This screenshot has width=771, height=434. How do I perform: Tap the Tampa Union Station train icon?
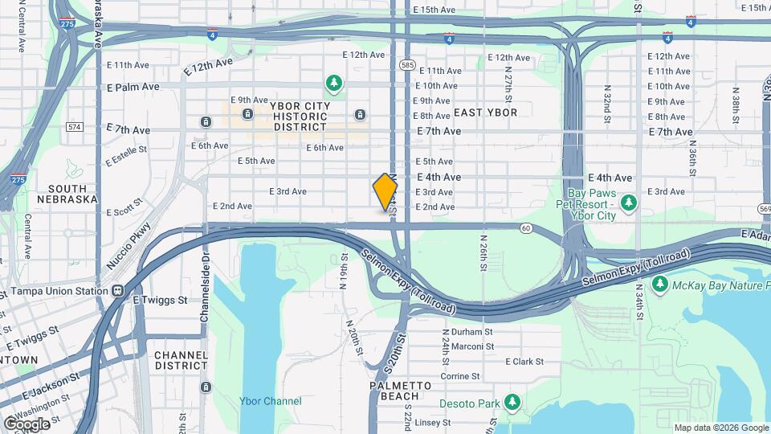pyautogui.click(x=118, y=291)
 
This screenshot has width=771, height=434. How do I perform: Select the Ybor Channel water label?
pyautogui.click(x=271, y=401)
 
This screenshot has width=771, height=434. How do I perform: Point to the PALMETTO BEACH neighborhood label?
pyautogui.click(x=394, y=391)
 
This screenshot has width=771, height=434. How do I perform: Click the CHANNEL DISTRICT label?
pyautogui.click(x=182, y=360)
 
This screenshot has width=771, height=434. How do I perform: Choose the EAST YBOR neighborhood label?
pyautogui.click(x=485, y=113)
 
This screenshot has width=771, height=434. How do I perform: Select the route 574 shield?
pyautogui.click(x=75, y=127)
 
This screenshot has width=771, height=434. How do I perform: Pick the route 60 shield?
pyautogui.click(x=525, y=228)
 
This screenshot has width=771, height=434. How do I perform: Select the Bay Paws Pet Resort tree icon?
pyautogui.click(x=630, y=200)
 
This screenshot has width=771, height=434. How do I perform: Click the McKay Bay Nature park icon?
pyautogui.click(x=660, y=284)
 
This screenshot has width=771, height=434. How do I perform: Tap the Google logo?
pyautogui.click(x=27, y=424)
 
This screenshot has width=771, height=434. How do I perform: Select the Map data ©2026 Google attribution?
pyautogui.click(x=721, y=428)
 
